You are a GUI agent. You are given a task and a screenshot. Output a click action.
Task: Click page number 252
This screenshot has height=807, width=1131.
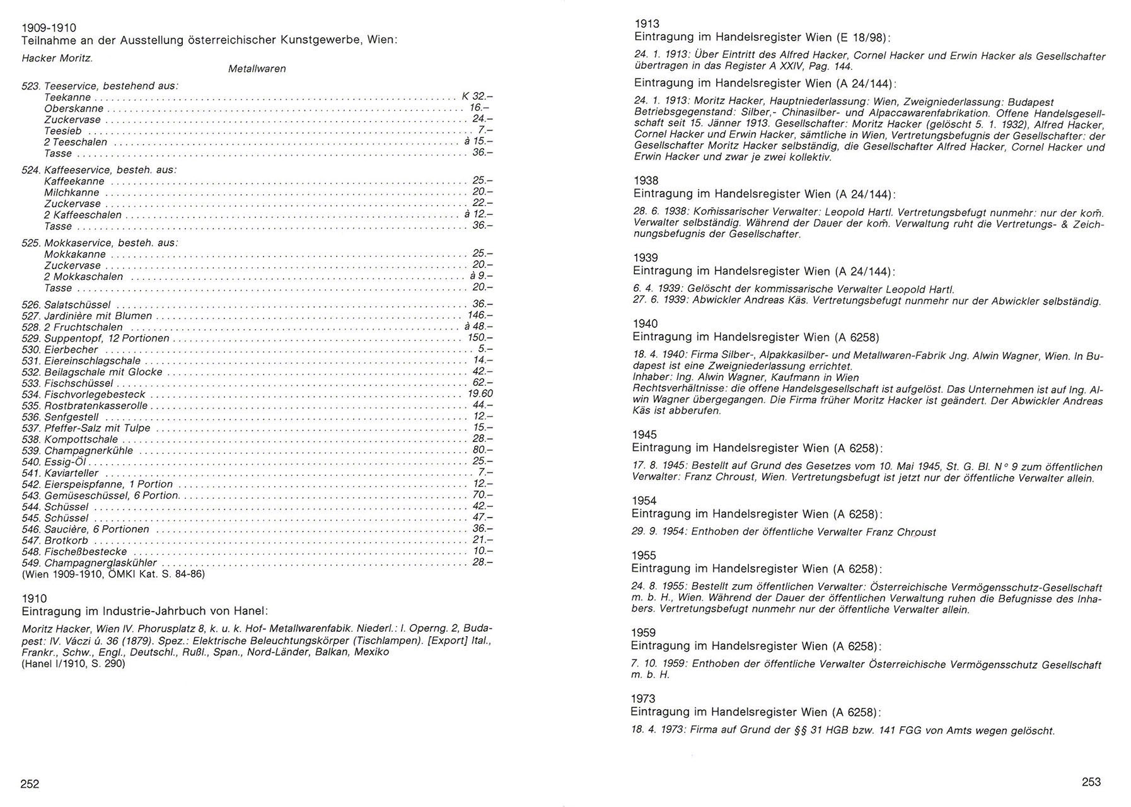(x=30, y=784)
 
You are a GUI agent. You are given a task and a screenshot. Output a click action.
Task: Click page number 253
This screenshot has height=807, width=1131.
(x=1091, y=782)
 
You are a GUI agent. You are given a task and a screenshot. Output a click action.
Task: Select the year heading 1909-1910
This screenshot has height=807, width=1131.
(x=49, y=28)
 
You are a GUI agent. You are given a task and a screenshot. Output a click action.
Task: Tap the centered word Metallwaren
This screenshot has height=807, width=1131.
(x=257, y=69)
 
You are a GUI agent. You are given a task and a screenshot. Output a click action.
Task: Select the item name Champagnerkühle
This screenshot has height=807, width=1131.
(x=88, y=451)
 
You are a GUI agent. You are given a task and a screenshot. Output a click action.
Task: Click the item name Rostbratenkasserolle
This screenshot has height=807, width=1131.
(x=95, y=405)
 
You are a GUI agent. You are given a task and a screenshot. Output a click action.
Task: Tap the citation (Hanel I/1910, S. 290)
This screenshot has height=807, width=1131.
(x=73, y=664)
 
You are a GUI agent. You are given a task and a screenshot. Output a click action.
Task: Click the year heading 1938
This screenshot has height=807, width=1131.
(x=646, y=181)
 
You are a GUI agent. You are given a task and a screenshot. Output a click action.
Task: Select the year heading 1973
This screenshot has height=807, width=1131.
(x=643, y=699)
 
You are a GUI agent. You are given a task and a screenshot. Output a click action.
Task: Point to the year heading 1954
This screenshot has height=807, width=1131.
(x=644, y=501)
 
